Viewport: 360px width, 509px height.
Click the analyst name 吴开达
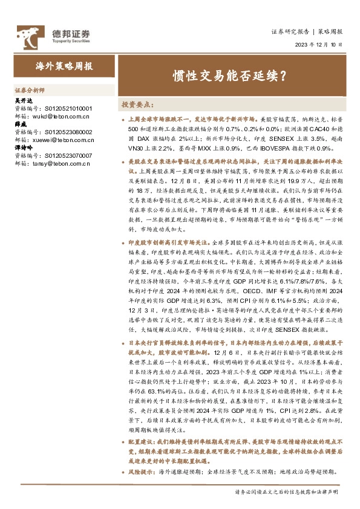click(22, 100)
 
